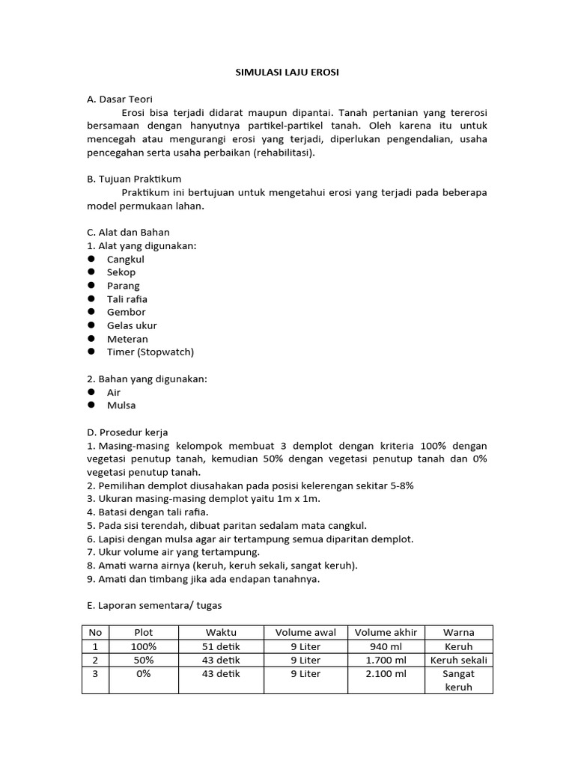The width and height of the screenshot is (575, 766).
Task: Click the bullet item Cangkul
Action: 125,259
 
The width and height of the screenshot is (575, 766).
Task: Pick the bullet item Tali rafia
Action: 127,298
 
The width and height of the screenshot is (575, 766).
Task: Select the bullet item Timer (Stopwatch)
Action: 150,352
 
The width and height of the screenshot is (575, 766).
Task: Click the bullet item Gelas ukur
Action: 132,325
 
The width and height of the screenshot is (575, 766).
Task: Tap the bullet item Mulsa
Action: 121,405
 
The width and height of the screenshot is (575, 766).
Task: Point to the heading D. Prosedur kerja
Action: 128,432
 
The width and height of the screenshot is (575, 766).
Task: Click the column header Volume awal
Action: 305,633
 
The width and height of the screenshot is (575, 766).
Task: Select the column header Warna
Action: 458,633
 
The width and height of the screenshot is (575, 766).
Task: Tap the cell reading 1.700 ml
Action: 389,661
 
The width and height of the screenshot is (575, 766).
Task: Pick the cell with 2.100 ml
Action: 389,674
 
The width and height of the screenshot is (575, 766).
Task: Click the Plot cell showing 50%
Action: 143,661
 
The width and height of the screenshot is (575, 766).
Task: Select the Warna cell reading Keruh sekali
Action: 458,661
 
